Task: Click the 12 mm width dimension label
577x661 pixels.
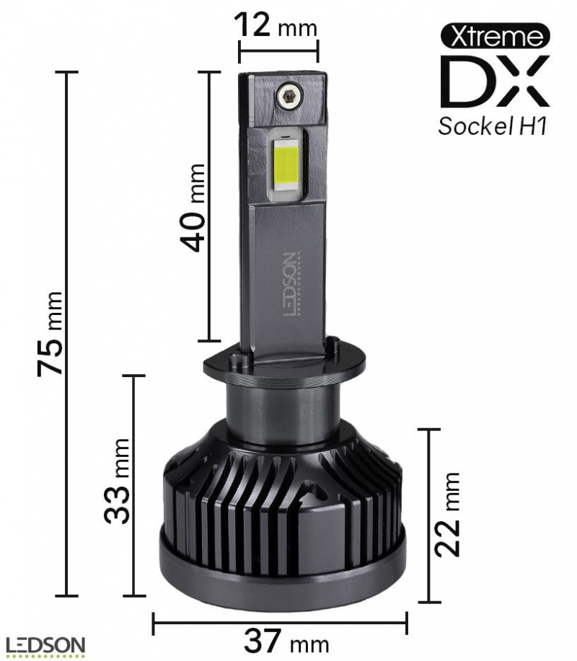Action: pos(277,27)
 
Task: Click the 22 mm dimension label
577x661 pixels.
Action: pos(448,514)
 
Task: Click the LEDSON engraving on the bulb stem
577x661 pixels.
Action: pos(289,285)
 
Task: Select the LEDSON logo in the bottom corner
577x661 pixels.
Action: pos(45,646)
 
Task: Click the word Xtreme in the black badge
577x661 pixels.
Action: pos(494,35)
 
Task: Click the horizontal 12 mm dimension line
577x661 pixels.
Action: pos(278,50)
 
